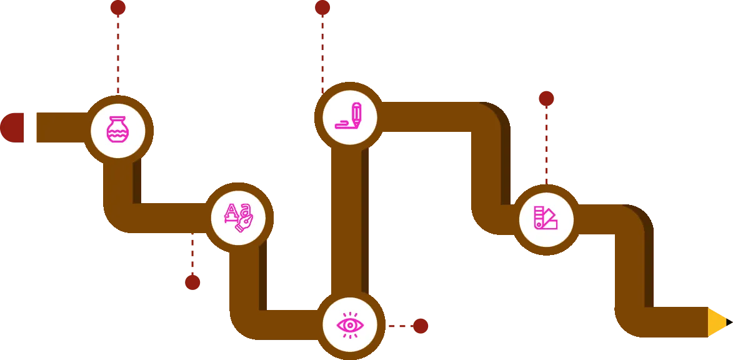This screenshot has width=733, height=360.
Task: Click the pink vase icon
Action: pyautogui.click(x=117, y=131)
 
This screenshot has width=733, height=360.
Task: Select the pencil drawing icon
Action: pyautogui.click(x=349, y=117)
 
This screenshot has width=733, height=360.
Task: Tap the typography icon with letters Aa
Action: pyautogui.click(x=238, y=217)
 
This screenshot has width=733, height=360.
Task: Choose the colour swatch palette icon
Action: pyautogui.click(x=546, y=219)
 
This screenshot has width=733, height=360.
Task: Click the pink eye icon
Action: pyautogui.click(x=349, y=325)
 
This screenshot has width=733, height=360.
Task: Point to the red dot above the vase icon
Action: pyautogui.click(x=117, y=7)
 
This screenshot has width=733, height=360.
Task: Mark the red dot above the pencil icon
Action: pyautogui.click(x=322, y=7)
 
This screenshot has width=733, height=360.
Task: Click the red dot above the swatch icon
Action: pyautogui.click(x=546, y=98)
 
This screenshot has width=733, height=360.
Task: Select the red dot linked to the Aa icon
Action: pyautogui.click(x=192, y=282)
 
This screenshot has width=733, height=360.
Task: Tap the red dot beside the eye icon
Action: pyautogui.click(x=420, y=326)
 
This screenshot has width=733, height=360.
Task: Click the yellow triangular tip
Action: pyautogui.click(x=717, y=322)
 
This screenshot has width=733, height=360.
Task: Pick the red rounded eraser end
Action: pyautogui.click(x=12, y=127)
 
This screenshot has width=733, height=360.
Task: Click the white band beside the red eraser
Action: pyautogui.click(x=30, y=127)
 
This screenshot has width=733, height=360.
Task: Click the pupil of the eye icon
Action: pyautogui.click(x=349, y=325)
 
